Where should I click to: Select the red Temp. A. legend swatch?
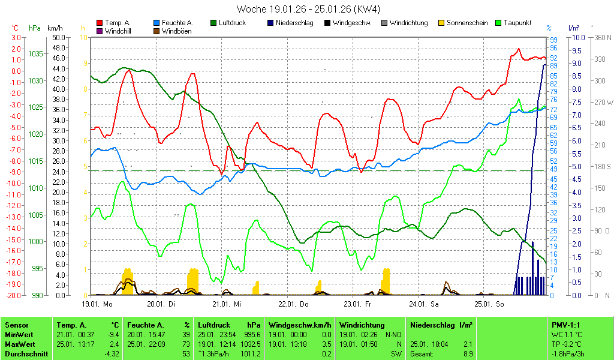pyautogui.click(x=100, y=23)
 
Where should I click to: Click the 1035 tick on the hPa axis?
pyautogui.click(x=35, y=54)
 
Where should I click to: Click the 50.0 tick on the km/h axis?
pyautogui.click(x=59, y=37)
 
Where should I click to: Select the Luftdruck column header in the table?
pyautogui.click(x=213, y=325)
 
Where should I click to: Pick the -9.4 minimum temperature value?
pyautogui.click(x=113, y=334)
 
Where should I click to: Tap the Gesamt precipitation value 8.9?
pyautogui.click(x=467, y=353)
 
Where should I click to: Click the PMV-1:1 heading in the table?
pyautogui.click(x=565, y=325)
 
